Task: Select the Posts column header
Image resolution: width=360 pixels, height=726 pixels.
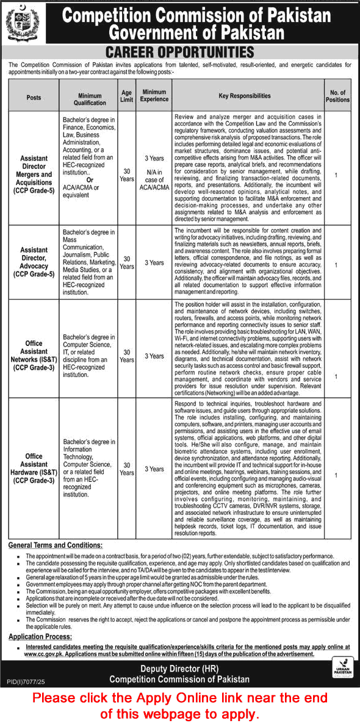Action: coord(34,96)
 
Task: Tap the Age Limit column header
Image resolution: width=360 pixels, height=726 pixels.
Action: coord(126,96)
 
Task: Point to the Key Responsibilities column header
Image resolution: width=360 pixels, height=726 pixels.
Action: coord(244,96)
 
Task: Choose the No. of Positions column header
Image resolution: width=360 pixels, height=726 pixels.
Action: coord(337,96)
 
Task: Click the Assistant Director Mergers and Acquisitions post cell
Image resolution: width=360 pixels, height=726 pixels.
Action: coord(34,174)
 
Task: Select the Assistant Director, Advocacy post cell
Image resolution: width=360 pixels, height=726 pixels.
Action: coord(34,262)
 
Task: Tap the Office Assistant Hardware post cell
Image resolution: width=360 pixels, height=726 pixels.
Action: coord(34,469)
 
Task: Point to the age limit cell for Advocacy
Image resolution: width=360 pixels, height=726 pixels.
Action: coord(126,262)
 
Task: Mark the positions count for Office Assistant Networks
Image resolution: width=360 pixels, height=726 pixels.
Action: coord(336,376)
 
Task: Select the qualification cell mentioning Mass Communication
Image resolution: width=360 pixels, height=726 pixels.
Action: coord(89,262)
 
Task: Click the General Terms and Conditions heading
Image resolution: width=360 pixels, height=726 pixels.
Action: coord(56,545)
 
